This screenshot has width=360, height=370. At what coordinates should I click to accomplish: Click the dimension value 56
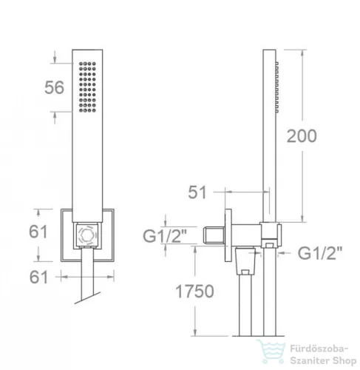(x=54, y=87)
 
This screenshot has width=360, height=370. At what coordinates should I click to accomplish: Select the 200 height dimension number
(x=302, y=136)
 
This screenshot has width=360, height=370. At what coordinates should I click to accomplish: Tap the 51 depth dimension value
(x=197, y=192)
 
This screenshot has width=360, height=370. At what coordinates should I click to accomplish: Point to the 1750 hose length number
(x=194, y=292)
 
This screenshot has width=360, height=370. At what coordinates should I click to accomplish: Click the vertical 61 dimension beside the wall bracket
(x=38, y=232)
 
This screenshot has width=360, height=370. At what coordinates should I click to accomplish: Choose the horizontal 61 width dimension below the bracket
(x=38, y=277)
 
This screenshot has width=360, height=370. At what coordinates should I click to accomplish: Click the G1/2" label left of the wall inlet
(x=165, y=236)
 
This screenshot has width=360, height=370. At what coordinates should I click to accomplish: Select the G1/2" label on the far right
(x=320, y=253)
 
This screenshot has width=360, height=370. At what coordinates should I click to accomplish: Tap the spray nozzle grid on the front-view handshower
(x=87, y=87)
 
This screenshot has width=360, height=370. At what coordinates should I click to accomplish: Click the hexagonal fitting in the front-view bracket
(x=86, y=235)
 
